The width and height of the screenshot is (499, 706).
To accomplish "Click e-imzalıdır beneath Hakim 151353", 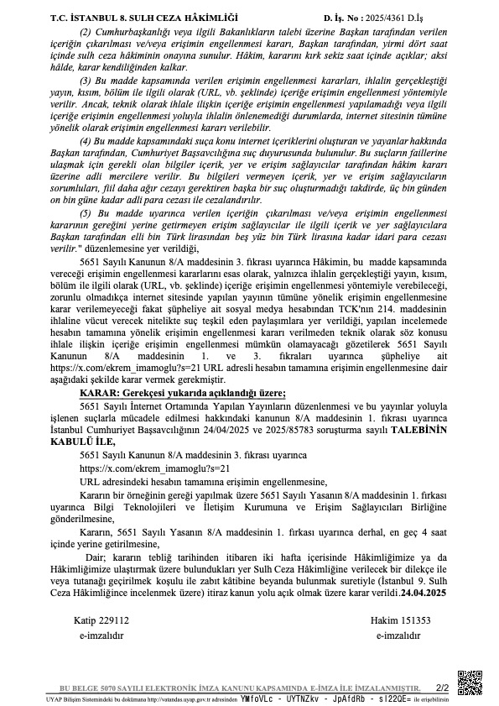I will (x=399, y=635).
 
